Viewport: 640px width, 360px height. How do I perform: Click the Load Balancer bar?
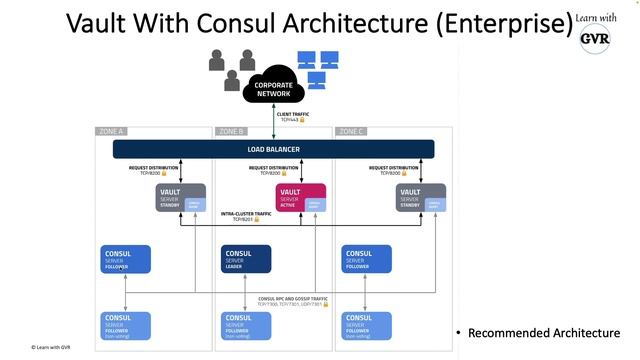tap(273, 149)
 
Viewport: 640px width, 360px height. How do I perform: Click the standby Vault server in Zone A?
tap(180, 198)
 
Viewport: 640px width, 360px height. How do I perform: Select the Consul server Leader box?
tap(246, 259)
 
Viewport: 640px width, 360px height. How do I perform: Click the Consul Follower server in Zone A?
tap(126, 259)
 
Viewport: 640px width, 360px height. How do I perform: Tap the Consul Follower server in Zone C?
tap(366, 259)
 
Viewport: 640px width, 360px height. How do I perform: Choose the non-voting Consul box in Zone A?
tap(126, 325)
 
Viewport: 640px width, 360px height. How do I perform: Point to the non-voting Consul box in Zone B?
tap(246, 325)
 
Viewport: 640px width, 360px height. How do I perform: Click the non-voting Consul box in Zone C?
tap(366, 325)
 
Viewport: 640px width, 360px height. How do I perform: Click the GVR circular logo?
tap(597, 38)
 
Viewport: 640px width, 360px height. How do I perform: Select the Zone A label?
tap(111, 131)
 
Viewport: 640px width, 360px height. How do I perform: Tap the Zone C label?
tap(351, 131)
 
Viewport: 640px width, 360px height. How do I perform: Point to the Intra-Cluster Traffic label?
tap(249, 216)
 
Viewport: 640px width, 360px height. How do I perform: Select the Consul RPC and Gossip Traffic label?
tap(293, 301)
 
